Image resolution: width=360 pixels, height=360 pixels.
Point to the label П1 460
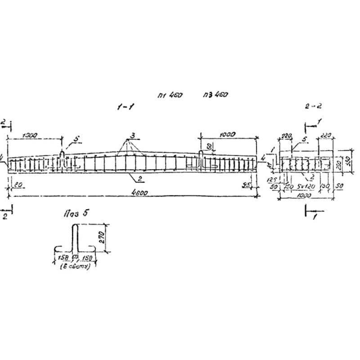[x=170, y=95]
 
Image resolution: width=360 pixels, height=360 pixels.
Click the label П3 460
[x=216, y=95]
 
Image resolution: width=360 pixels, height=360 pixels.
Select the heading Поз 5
[x=75, y=214]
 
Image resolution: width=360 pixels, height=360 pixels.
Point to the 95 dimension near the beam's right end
[x=247, y=184]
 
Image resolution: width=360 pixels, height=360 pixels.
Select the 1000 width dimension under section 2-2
[x=306, y=196]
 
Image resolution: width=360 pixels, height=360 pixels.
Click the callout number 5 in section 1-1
[x=76, y=140]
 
